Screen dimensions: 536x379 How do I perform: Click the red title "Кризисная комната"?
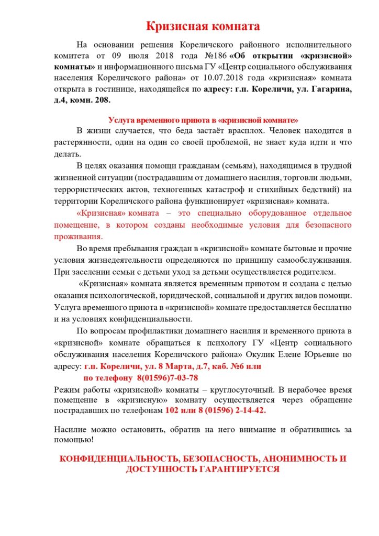coord(203,26)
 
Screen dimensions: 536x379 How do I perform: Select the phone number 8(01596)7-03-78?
coord(167,377)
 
